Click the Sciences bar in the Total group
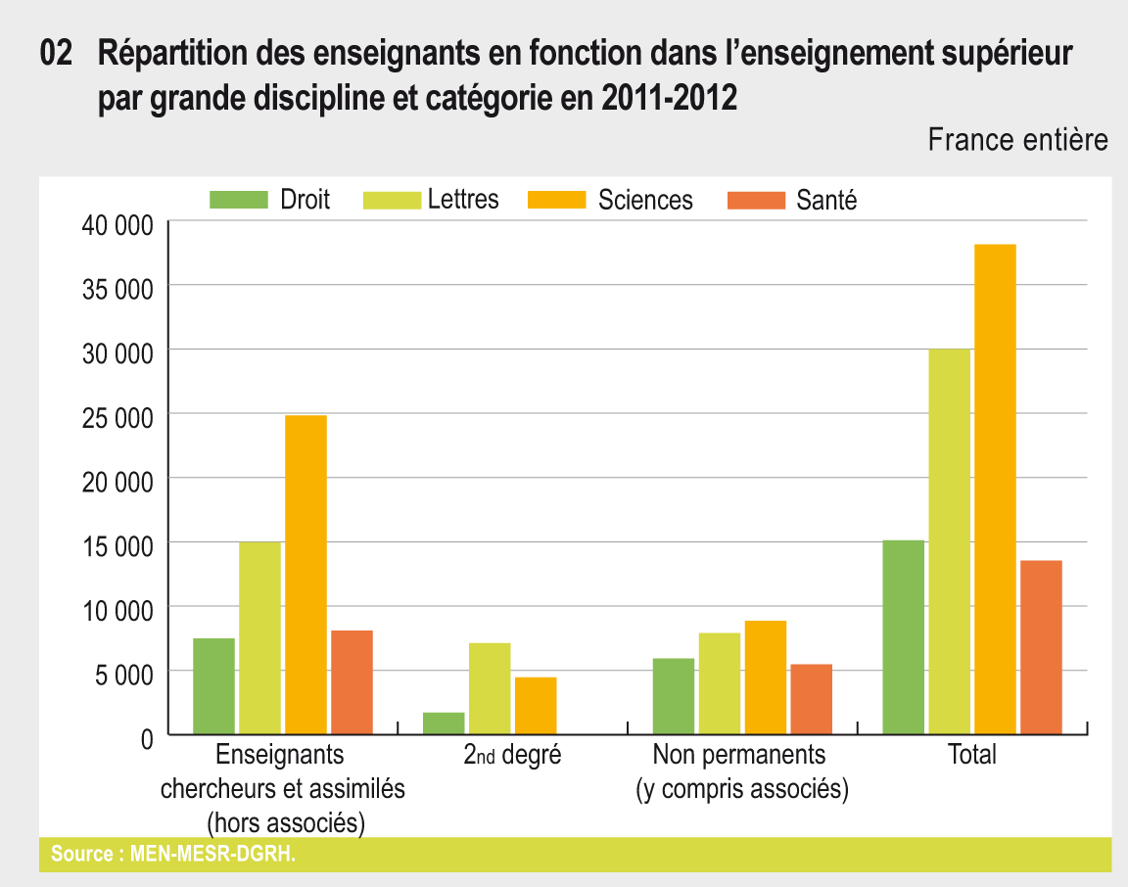[994, 490]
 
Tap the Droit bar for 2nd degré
[444, 724]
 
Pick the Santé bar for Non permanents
[811, 699]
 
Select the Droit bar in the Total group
[903, 637]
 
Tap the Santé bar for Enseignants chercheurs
[352, 682]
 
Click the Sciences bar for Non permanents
[765, 677]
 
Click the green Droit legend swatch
[239, 200]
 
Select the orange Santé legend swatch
[756, 200]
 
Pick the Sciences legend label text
[645, 200]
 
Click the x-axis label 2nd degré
[512, 755]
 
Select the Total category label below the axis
[971, 755]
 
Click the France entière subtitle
[1017, 140]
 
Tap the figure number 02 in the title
[57, 54]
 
